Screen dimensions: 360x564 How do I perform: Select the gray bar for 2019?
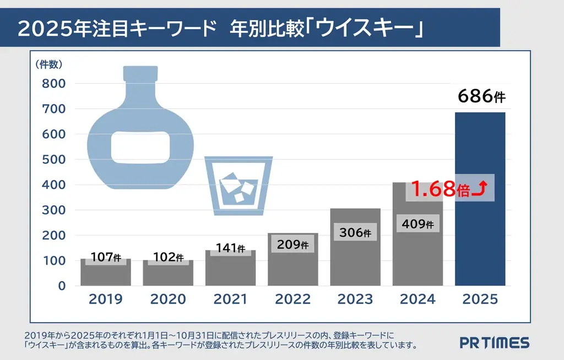(106, 274)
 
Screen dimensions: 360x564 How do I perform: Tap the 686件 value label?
(481, 97)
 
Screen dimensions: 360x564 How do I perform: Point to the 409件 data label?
(417, 223)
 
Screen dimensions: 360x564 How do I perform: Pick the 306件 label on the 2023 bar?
(355, 232)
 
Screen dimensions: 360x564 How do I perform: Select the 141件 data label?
(230, 248)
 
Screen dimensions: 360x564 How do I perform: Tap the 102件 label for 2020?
(167, 257)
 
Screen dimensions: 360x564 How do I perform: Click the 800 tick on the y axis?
(54, 84)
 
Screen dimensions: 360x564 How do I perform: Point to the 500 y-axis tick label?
(54, 160)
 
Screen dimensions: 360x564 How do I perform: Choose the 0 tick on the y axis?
(62, 286)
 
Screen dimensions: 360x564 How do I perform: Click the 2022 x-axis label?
(292, 299)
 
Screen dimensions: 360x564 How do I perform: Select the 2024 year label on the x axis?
(417, 299)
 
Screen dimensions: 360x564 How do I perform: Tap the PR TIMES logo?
(495, 342)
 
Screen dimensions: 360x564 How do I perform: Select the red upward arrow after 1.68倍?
(479, 189)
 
